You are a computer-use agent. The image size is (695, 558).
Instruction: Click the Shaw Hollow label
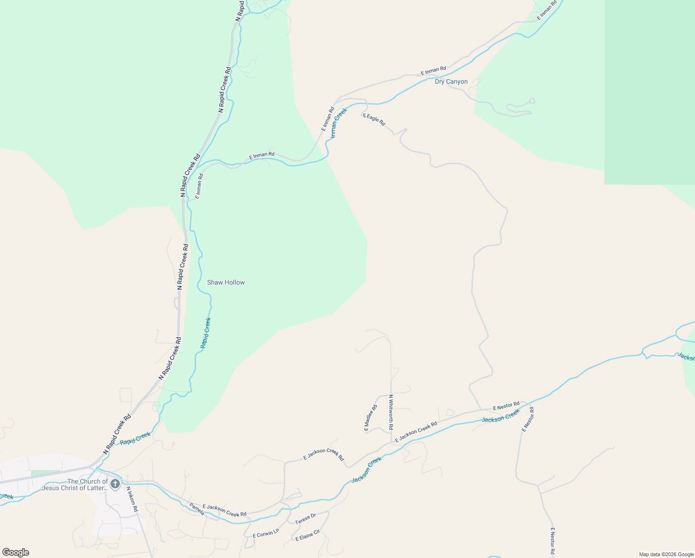pos(226,282)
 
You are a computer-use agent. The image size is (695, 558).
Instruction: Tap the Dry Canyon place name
pos(451,82)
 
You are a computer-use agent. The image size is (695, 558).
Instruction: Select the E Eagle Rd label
pos(374,120)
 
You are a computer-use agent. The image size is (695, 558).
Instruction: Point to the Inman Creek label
pos(339,123)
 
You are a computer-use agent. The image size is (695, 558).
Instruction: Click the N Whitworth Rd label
pos(391,412)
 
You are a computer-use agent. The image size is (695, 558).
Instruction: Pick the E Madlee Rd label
pos(371,418)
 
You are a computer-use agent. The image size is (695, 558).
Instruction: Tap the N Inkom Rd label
pos(132,499)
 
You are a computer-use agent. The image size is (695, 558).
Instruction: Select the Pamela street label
pos(197,509)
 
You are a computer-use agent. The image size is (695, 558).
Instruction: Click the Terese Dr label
pos(305,518)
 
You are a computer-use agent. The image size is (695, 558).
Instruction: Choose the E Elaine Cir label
pos(308,535)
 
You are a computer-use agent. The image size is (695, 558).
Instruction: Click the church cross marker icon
pos(115,485)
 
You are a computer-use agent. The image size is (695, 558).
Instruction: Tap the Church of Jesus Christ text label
pos(75,485)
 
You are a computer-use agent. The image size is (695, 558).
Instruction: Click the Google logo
pos(15,552)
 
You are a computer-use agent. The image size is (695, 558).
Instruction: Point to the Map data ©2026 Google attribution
pos(666,554)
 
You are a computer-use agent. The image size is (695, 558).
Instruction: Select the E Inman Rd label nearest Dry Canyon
pos(433,71)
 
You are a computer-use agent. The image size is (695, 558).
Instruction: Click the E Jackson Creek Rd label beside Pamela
pos(224,510)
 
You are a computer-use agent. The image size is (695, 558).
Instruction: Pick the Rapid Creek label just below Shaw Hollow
pos(205,332)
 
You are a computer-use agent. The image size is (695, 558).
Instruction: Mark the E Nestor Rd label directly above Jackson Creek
pos(506,406)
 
